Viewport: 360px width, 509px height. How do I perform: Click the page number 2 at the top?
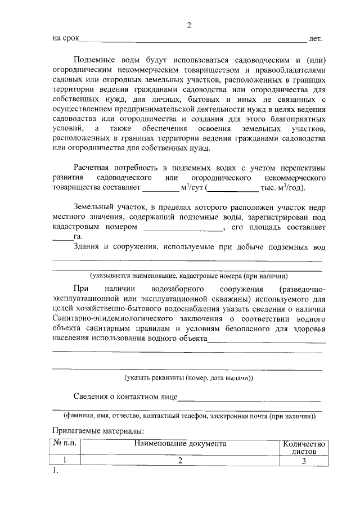pyautogui.click(x=190, y=25)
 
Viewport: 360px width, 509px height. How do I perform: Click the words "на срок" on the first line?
pyautogui.click(x=65, y=39)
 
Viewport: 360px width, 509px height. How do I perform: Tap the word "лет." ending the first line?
pyautogui.click(x=315, y=39)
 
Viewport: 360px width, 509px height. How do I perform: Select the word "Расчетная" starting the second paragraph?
pyautogui.click(x=92, y=168)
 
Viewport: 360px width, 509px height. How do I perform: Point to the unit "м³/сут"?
pyautogui.click(x=192, y=188)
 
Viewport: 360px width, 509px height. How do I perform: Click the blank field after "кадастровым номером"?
pyautogui.click(x=182, y=228)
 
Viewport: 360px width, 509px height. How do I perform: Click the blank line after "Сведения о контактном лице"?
pyautogui.click(x=249, y=397)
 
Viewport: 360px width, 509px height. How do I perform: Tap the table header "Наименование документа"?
pyautogui.click(x=180, y=443)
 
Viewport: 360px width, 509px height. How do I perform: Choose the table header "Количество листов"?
pyautogui.click(x=303, y=447)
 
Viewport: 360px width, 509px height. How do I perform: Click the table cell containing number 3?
pyautogui.click(x=303, y=461)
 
